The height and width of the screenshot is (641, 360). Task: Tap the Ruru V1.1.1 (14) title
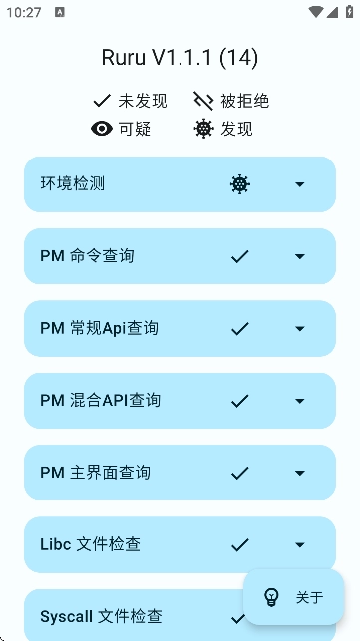click(180, 58)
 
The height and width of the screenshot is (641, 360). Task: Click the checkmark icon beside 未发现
click(101, 101)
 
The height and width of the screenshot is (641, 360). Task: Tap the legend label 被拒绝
click(245, 101)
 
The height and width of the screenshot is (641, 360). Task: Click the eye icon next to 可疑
click(101, 129)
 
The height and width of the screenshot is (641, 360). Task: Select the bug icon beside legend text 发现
click(203, 129)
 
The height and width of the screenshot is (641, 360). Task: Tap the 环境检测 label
click(73, 184)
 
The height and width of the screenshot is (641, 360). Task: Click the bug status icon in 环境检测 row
click(239, 184)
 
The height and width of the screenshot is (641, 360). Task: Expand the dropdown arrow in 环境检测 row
click(300, 184)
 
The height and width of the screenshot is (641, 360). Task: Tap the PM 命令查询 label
click(87, 256)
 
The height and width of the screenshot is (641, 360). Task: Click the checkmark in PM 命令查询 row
click(239, 256)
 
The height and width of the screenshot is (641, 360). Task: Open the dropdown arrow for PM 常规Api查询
click(300, 328)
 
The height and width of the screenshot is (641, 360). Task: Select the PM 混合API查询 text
click(100, 401)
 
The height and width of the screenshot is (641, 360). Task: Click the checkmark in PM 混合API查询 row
click(239, 401)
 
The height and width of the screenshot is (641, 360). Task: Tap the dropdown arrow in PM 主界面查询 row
click(300, 473)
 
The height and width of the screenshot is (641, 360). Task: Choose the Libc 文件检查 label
click(90, 544)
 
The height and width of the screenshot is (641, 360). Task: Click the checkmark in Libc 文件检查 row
click(239, 544)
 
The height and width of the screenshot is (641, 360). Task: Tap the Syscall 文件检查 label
click(101, 617)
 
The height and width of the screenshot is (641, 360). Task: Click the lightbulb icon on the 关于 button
click(271, 597)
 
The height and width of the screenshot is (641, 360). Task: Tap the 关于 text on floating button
click(309, 597)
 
